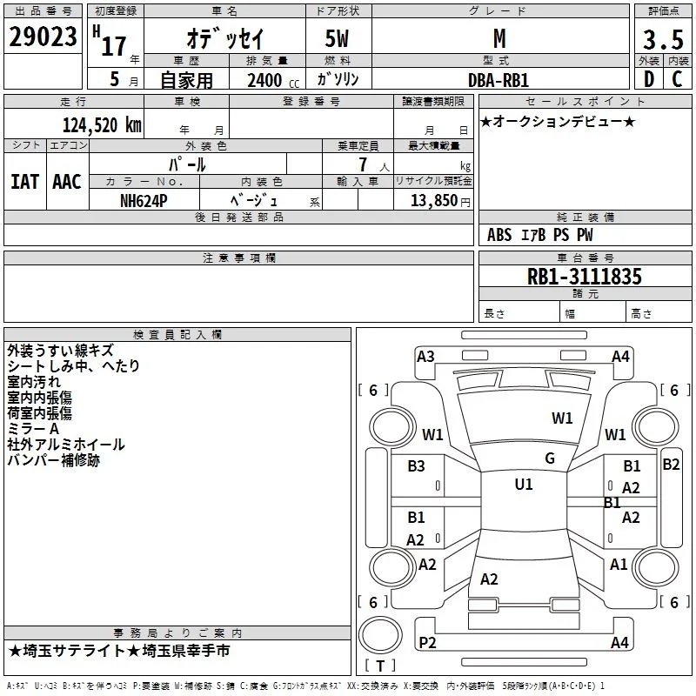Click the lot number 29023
43,37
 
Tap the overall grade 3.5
663,39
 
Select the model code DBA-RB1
499,80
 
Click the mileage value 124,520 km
102,125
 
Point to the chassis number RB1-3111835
584,277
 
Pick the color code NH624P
144,201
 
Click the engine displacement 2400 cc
273,81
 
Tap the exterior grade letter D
649,79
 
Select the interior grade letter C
677,79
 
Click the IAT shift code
25,182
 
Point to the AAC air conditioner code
67,182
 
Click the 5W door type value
337,38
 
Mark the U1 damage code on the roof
524,485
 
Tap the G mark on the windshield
550,458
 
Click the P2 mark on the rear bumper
427,642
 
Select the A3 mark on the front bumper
425,357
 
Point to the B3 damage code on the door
416,466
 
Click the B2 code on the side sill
671,465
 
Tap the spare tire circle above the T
380,635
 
